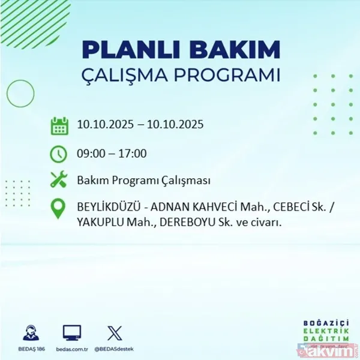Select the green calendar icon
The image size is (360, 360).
pyautogui.click(x=59, y=126)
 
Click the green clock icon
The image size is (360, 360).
pyautogui.click(x=59, y=154)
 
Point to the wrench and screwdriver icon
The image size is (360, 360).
pyautogui.click(x=59, y=180)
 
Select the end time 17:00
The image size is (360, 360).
pyautogui.click(x=132, y=154)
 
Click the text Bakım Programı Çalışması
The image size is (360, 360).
pyautogui.click(x=143, y=180)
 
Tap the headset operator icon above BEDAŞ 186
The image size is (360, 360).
pyautogui.click(x=28, y=332)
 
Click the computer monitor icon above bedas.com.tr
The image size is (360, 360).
pyautogui.click(x=72, y=332)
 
